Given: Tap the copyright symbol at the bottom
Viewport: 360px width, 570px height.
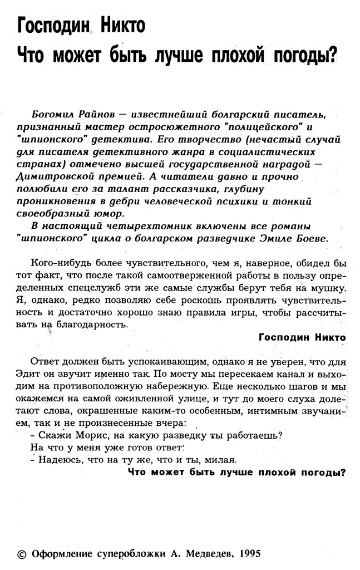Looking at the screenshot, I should [22, 554].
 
